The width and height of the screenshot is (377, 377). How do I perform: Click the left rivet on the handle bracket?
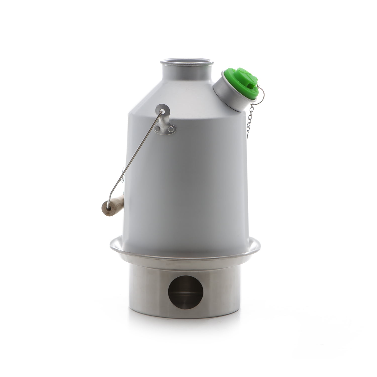coord(158,129)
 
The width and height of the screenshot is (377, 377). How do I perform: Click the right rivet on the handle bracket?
coord(171,129)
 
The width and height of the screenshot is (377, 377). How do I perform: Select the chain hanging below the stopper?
coord(250,118)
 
